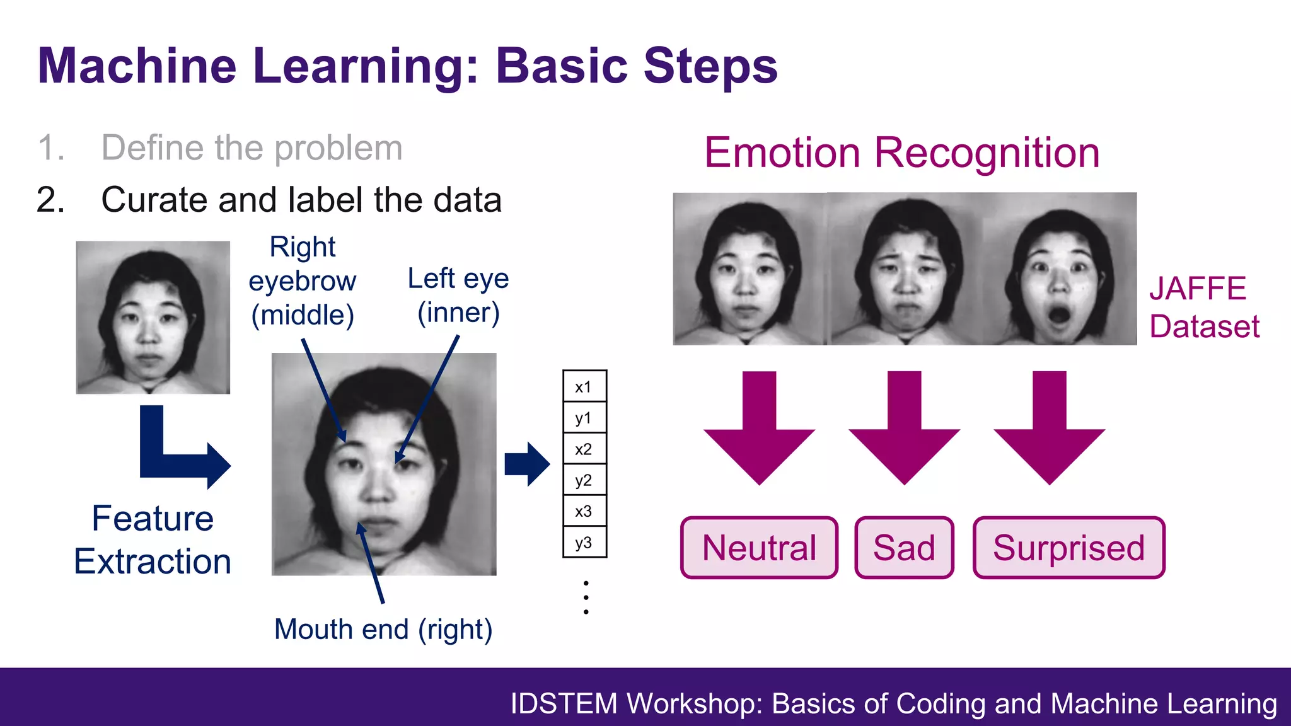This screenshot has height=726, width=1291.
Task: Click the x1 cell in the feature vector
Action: click(584, 386)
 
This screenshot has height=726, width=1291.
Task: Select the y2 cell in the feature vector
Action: click(584, 480)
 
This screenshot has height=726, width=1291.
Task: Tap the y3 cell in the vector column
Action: click(584, 543)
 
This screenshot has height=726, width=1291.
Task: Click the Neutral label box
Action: click(759, 548)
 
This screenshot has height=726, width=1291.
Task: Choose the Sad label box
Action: click(904, 548)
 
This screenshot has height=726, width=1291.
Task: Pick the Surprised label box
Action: click(1068, 548)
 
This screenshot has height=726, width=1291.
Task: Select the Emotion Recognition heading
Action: click(901, 153)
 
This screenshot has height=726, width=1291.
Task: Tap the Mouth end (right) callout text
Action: click(383, 630)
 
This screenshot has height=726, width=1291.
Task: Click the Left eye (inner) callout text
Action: click(458, 295)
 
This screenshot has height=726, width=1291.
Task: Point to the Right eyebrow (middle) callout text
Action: click(303, 281)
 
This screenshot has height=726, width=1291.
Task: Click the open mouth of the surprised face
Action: click(1059, 314)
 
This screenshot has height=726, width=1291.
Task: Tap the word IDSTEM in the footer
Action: click(564, 704)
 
